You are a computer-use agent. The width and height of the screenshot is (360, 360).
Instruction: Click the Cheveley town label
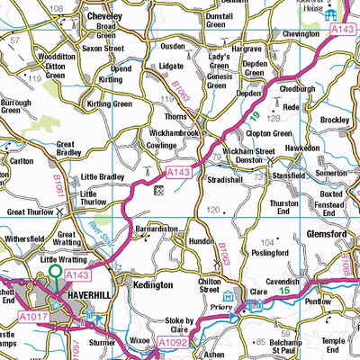[x=103, y=16]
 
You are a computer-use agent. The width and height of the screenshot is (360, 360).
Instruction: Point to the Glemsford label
[x=331, y=233]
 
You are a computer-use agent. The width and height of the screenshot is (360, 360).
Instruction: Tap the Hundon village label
[x=201, y=242]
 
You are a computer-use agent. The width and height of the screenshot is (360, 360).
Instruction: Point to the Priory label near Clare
[x=234, y=305]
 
